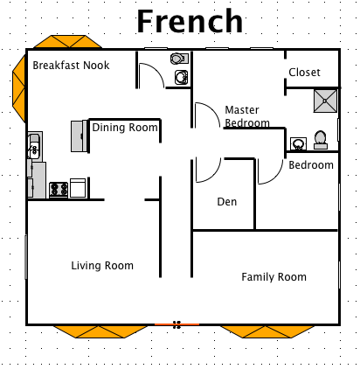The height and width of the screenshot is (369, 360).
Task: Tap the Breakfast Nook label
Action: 71,65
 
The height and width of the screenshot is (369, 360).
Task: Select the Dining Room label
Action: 125,128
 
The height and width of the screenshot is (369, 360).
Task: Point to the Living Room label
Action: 102,266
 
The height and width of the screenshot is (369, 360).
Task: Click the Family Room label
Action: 273,277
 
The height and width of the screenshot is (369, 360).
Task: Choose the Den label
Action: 227,203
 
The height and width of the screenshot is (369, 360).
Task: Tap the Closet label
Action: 304,73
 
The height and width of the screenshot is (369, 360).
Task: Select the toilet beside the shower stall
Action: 320,139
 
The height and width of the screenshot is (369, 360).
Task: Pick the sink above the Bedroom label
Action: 298,143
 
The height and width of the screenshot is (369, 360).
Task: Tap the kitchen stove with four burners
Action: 59,188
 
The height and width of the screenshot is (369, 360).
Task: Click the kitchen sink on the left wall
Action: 35,146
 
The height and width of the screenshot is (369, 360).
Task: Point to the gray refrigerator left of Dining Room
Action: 77,136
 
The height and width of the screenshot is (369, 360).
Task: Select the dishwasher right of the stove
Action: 79,188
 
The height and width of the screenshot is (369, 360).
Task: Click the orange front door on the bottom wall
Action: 177,324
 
